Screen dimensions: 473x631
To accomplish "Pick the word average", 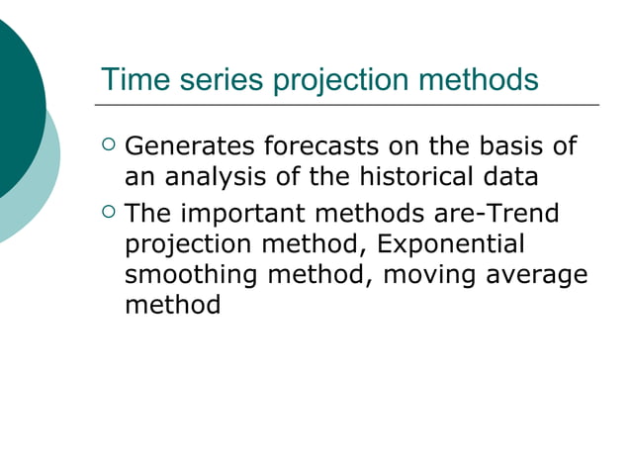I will (x=535, y=275).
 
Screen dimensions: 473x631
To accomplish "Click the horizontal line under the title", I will (x=346, y=104).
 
